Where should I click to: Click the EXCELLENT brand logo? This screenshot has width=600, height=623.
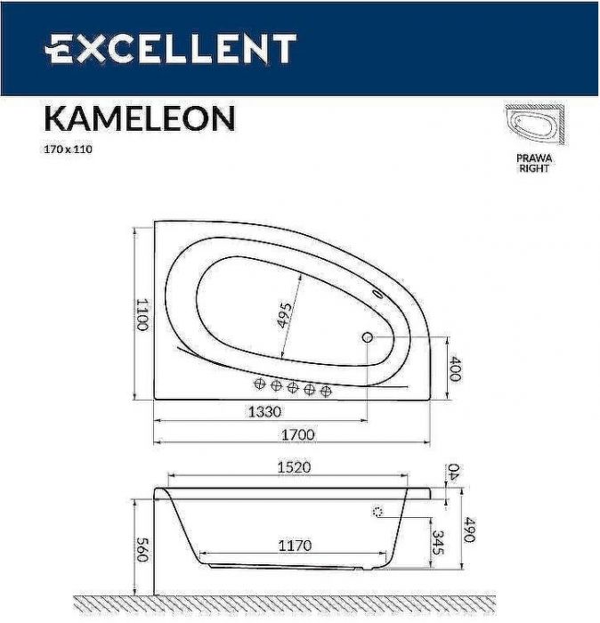pos(170,49)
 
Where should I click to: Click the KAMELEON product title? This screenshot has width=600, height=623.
pos(140,118)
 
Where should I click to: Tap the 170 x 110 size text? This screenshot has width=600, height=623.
pos(69,150)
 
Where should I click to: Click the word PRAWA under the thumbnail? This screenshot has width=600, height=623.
pos(534,158)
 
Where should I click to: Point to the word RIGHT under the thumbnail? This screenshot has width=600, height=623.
pos(534,168)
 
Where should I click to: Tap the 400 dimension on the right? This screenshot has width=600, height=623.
pos(455,369)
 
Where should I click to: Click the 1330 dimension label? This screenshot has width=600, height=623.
pos(264,412)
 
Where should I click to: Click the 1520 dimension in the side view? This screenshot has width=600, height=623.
pos(293,467)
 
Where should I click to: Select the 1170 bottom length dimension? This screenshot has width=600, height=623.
pos(293,546)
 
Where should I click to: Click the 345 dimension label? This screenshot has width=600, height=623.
pos(437,544)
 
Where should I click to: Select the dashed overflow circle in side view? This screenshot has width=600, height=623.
pos(377,512)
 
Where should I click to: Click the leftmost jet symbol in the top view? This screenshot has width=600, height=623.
pos(261,384)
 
